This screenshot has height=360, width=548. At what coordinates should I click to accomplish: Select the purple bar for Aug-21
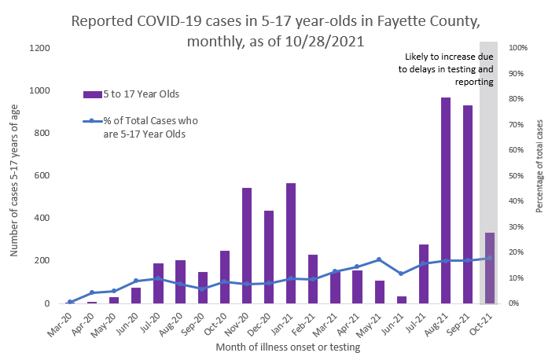(445, 200)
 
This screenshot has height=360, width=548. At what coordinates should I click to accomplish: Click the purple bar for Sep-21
(467, 204)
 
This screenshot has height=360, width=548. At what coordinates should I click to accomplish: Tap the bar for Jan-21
(290, 243)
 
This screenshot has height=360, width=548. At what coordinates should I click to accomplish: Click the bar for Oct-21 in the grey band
(489, 268)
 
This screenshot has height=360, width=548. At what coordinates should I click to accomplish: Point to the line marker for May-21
(379, 259)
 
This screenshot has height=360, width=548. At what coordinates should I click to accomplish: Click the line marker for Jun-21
(401, 274)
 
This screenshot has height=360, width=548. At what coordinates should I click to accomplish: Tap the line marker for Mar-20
(70, 302)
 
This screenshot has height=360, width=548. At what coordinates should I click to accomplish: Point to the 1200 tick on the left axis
(40, 49)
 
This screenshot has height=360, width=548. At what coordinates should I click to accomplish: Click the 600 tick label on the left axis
(43, 176)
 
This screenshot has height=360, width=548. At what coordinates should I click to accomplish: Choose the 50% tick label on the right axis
(517, 176)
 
